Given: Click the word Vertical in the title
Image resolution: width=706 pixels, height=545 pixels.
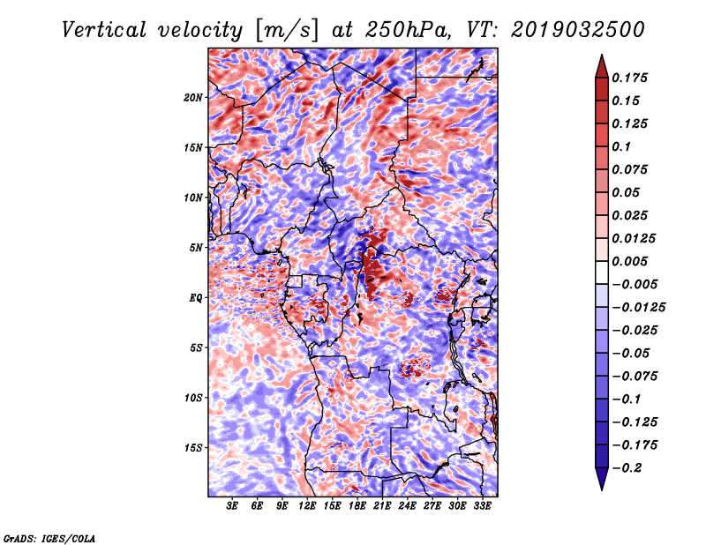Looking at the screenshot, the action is point(103,30).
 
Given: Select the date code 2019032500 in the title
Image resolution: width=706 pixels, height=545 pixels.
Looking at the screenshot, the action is point(578,30).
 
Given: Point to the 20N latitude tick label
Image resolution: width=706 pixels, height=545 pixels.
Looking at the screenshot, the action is point(193,98).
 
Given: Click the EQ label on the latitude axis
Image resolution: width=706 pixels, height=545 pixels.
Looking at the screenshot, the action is point(195,298).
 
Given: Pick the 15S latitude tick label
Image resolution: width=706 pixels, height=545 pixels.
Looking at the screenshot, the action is point(193,448).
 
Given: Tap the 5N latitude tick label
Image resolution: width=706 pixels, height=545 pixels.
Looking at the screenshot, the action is point(196,248).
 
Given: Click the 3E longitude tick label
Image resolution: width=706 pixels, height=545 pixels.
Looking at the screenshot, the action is point(232,506).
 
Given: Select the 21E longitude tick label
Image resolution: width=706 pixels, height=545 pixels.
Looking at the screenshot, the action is point(382,506).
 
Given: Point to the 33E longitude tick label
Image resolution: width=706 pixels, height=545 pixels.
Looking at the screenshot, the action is point(482,506).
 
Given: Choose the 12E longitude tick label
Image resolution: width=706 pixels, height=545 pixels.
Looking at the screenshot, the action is point(307,506).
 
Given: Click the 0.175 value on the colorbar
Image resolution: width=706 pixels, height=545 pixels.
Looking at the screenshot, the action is point(629,78).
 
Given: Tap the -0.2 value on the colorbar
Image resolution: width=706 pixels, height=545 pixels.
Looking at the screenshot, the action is point(627,468).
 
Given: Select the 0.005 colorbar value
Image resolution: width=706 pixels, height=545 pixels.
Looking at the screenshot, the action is point(629,261).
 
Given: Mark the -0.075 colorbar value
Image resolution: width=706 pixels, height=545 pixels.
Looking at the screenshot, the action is point(635,377).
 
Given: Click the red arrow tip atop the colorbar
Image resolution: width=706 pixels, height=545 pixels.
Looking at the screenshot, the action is point(602,56).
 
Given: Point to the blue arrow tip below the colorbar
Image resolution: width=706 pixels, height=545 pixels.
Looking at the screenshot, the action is point(602,489).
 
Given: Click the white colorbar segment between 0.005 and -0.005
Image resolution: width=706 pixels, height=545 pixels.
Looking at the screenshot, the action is point(602,272).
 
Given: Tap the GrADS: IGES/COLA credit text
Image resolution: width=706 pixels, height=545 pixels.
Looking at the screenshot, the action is point(49,538).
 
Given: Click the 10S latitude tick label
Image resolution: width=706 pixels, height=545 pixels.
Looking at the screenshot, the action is point(193,398).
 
